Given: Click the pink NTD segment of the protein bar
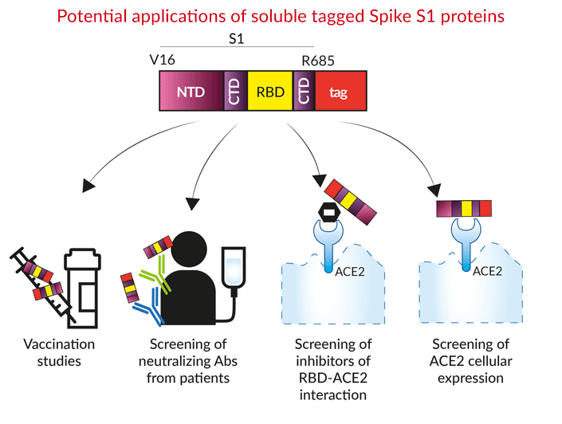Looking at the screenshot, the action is click(192, 91).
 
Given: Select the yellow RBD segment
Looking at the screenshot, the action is click(270, 91).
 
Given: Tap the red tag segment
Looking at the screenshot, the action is click(340, 91).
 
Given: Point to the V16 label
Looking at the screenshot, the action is click(163, 60).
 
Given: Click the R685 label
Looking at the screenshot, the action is click(318, 61).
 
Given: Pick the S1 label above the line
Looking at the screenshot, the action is click(237, 39).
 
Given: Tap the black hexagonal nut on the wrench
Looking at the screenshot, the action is click(329, 213).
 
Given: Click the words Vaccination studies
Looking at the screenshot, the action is click(59, 353).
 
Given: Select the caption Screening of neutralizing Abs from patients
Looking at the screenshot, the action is click(188, 361).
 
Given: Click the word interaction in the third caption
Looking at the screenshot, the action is click(333, 395).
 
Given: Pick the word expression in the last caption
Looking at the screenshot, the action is click(470, 379).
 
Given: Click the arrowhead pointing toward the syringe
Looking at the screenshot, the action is click(88, 185).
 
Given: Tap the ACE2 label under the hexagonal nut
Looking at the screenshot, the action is click(350, 272).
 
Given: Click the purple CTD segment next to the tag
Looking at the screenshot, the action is click(304, 91).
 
